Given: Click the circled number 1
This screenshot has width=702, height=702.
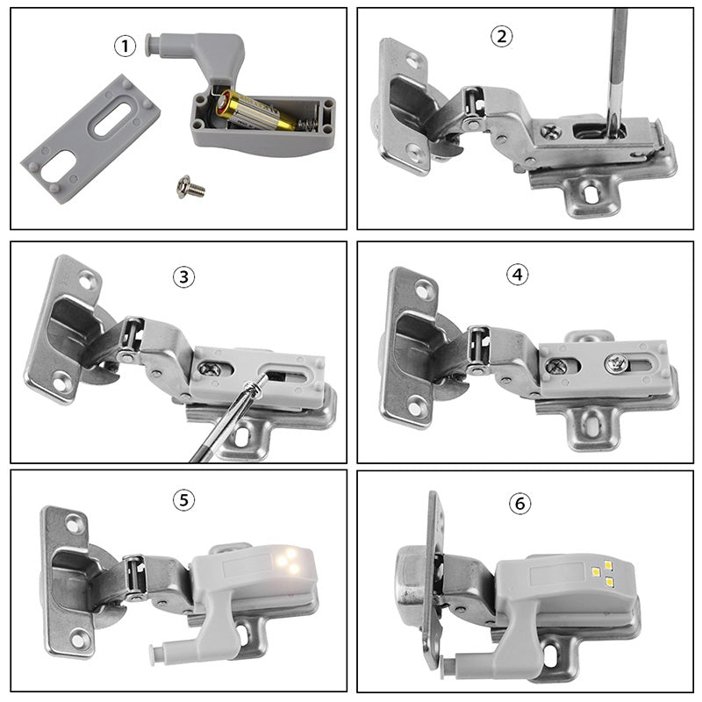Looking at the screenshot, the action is pos(125,47).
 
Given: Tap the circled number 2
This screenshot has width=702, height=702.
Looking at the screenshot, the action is pos(501,36).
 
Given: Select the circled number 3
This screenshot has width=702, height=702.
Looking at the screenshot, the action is pos(183,276).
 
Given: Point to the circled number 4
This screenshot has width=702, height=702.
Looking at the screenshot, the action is pos(517,274).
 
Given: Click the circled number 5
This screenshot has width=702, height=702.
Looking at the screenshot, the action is pos(183,499).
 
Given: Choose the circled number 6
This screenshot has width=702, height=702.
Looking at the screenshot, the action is pos(519,504).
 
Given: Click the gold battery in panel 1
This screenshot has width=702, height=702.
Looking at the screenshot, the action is pos(254,109).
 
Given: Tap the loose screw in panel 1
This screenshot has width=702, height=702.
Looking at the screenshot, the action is pos(190,187).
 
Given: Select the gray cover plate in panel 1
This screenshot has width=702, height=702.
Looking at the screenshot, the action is pos(90,139).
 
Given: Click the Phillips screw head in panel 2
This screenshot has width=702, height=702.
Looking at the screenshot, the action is pos(551,131).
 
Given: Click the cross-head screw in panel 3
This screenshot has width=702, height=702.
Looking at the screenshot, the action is pos(210,369).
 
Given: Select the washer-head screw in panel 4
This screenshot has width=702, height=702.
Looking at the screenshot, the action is pos(616,363).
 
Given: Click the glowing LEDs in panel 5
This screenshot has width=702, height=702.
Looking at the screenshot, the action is pos(289,561).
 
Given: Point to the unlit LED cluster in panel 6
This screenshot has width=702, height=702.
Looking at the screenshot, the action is pos(602,573).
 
